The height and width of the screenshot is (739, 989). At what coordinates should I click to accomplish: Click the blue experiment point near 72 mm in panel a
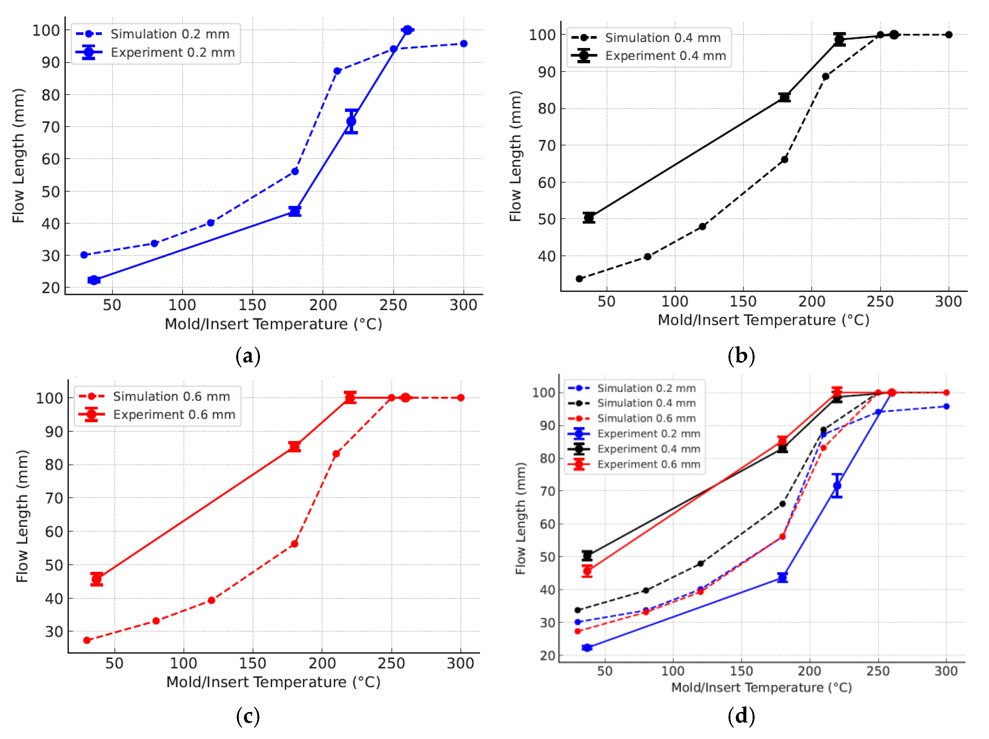351,121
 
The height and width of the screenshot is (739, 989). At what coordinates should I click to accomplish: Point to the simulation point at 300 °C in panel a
464,43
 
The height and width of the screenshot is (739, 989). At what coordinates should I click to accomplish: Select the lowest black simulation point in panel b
579,279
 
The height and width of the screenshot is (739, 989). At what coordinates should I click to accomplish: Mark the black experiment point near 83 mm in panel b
784,97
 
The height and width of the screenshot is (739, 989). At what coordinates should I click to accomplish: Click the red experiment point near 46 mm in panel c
96,579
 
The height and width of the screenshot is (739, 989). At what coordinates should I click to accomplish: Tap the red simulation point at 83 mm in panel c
336,454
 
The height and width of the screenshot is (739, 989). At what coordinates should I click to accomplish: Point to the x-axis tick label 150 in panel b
743,301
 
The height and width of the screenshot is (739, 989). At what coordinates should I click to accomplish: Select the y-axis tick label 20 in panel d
547,656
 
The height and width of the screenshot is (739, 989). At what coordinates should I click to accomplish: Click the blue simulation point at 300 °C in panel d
946,406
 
